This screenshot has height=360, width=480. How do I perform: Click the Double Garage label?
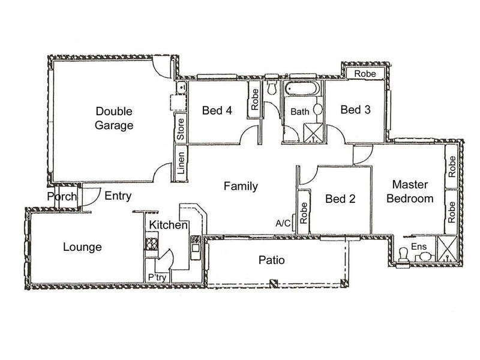pyautogui.click(x=114, y=118)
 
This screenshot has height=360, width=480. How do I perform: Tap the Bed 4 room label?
pyautogui.click(x=217, y=110)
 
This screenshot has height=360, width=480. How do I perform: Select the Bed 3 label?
pyautogui.click(x=355, y=109)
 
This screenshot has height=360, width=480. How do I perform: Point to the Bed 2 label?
pyautogui.click(x=340, y=199)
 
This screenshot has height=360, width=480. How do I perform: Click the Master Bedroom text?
pyautogui.click(x=410, y=191)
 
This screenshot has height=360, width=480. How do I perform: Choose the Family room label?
pyautogui.click(x=241, y=186)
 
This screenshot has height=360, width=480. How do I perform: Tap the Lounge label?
pyautogui.click(x=82, y=247)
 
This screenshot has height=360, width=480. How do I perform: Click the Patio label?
pyautogui.click(x=272, y=260)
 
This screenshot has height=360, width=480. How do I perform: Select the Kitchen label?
pyautogui.click(x=168, y=225)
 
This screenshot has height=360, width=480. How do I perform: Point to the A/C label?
pyautogui.click(x=283, y=223)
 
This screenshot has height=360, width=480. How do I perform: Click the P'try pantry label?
pyautogui.click(x=157, y=277)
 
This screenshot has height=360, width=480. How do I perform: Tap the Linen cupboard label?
pyautogui.click(x=181, y=163)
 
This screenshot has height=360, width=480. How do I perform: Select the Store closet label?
pyautogui.click(x=181, y=129)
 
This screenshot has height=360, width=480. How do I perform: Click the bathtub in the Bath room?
pyautogui.click(x=302, y=88)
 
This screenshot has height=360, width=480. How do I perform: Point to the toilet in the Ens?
pyautogui.click(x=403, y=255)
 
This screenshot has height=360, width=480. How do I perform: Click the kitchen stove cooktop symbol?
pyautogui.click(x=152, y=244)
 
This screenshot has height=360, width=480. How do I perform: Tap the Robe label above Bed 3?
pyautogui.click(x=365, y=73)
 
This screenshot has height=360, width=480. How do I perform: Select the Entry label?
pyautogui.click(x=118, y=196)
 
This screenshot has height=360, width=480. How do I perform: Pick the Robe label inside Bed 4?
pyautogui.click(x=254, y=99)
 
